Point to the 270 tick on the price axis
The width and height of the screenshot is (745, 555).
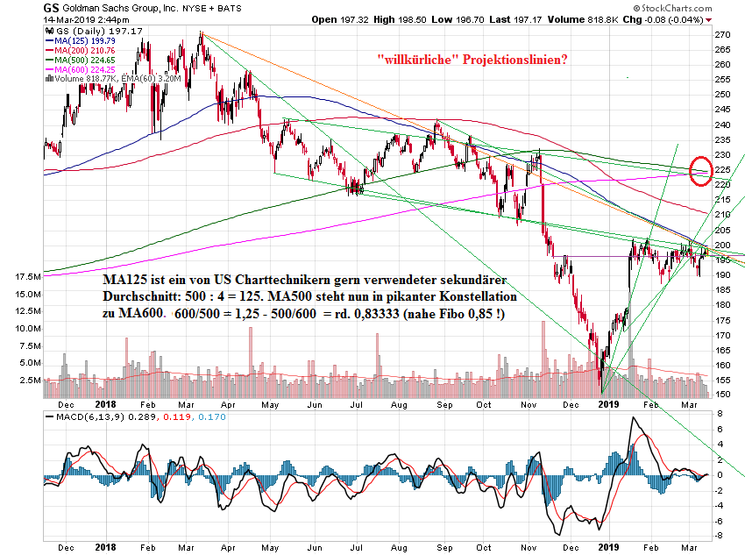(x=722, y=34)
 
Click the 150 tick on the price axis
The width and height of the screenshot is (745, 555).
(x=722, y=395)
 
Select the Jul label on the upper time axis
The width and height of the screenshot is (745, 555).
(x=355, y=404)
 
